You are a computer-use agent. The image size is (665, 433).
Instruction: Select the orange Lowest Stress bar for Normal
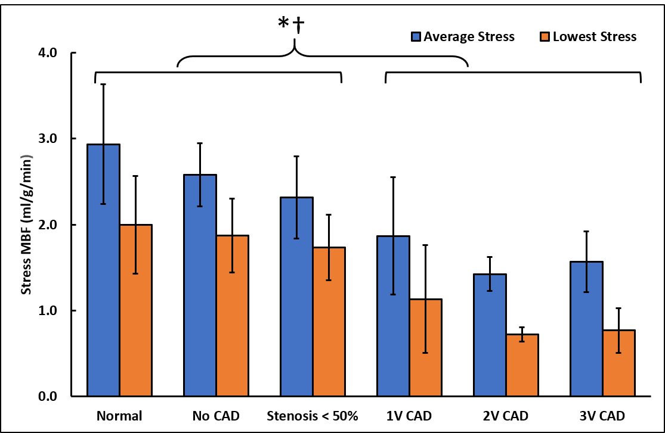click(136, 310)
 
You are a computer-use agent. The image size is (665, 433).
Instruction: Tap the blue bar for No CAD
click(200, 285)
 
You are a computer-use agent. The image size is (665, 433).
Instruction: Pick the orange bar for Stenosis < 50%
click(329, 322)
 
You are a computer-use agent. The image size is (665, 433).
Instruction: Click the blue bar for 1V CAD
click(394, 316)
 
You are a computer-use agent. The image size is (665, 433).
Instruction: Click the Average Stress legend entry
click(462, 37)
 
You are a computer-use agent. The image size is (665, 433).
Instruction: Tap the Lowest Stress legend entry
click(588, 37)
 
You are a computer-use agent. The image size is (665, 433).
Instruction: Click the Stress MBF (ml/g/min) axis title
click(26, 225)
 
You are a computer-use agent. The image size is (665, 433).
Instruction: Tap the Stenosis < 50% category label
click(313, 416)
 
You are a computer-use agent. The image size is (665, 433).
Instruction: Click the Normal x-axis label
click(120, 416)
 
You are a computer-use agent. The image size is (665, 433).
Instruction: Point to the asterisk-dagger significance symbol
click(292, 25)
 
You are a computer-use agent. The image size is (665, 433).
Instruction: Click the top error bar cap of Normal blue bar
click(104, 85)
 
